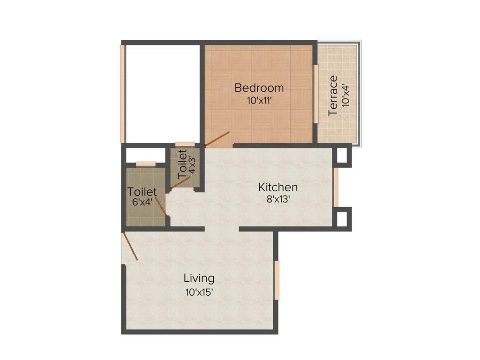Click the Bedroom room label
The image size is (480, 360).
(x=259, y=88)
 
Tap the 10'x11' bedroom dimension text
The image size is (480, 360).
(x=259, y=100)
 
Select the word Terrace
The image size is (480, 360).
(x=333, y=96)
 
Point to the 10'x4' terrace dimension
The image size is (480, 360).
(x=346, y=96)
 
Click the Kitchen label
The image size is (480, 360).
(x=278, y=187)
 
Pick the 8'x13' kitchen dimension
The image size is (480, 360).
(x=278, y=199)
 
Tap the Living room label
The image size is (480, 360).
(x=199, y=278)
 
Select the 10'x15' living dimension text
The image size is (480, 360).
(x=199, y=292)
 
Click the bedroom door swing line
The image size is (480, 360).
(x=217, y=139)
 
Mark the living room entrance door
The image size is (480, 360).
(x=130, y=247)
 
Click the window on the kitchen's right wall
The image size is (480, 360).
(x=336, y=187)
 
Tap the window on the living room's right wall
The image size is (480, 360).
(x=277, y=280)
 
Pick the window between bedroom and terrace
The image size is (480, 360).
(x=316, y=94)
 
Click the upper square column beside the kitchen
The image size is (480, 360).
(x=342, y=155)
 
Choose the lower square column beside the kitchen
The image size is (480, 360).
(x=342, y=218)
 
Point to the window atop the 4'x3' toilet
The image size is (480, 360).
(x=185, y=144)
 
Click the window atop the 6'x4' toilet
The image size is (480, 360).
(x=145, y=164)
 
